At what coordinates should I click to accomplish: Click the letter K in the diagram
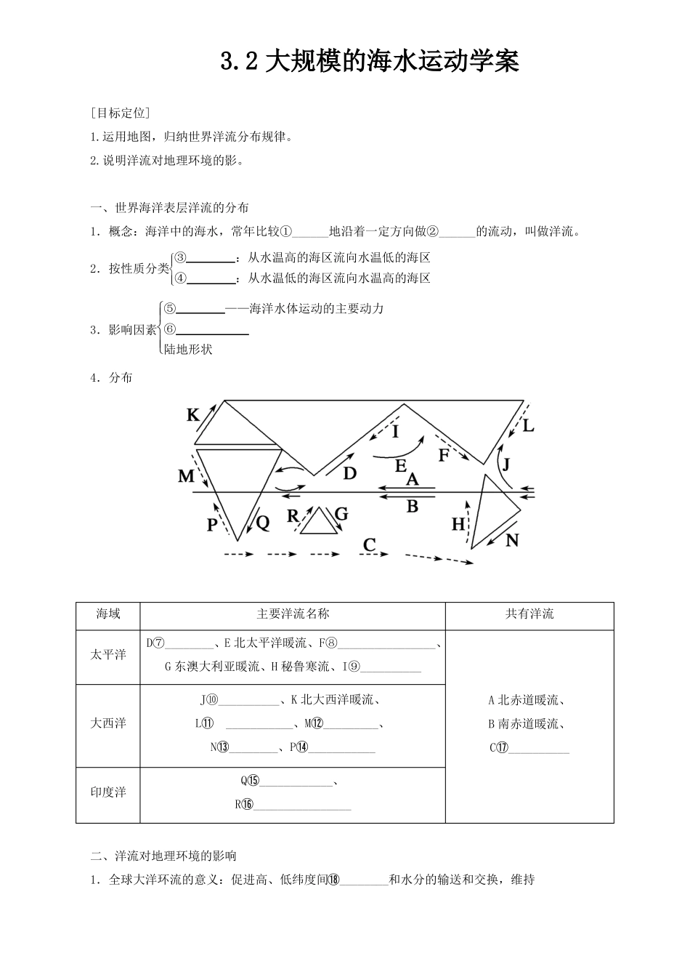tap(193, 415)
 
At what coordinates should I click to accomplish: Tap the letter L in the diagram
tap(528, 426)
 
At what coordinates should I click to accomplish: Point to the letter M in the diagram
tap(187, 476)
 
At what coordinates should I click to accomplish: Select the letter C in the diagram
tap(370, 544)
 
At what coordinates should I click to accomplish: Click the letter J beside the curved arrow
tap(507, 463)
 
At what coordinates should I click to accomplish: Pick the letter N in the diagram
tap(513, 540)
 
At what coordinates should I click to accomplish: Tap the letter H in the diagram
tap(458, 523)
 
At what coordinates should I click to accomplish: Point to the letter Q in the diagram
tap(263, 521)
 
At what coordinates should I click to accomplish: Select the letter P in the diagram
tap(212, 524)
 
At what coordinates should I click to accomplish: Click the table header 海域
tap(108, 614)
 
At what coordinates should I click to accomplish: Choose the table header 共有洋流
tap(529, 614)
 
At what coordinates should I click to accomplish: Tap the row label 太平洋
tap(108, 655)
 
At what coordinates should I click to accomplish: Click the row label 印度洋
tap(108, 792)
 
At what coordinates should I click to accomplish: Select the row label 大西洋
tap(108, 723)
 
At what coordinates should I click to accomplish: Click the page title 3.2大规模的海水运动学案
tap(370, 62)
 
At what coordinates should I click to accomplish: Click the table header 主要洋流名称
tap(293, 614)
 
